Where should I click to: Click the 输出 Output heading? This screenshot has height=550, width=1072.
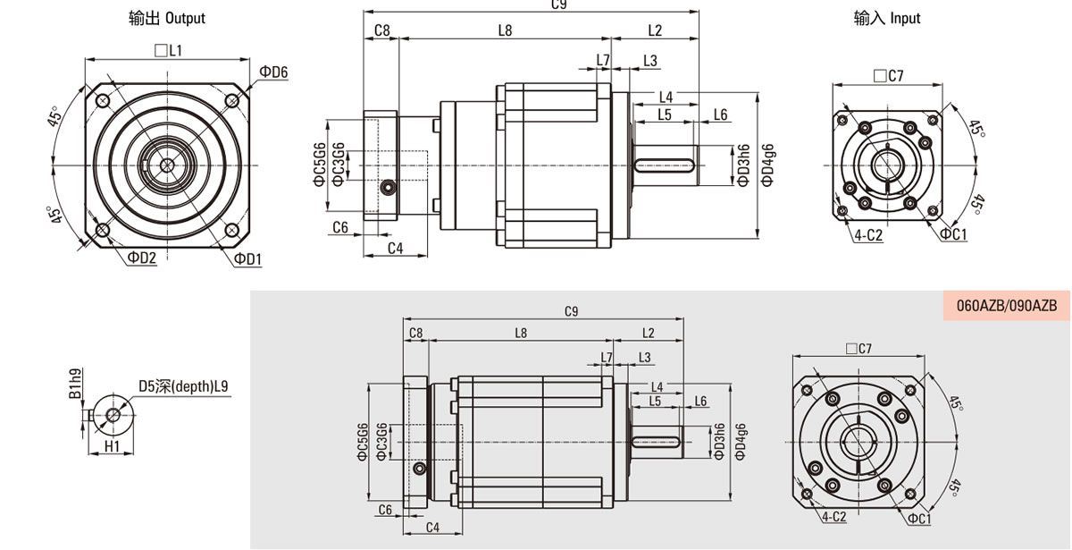[167, 18]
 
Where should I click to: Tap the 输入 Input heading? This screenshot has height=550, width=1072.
[887, 18]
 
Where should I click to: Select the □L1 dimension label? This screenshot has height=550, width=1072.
[169, 50]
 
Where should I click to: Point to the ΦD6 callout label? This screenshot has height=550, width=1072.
[273, 72]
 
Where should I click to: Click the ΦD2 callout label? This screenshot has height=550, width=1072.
[142, 258]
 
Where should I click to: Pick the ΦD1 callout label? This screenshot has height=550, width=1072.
[248, 259]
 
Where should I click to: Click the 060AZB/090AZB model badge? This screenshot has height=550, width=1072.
[1007, 306]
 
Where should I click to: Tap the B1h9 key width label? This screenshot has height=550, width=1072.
[76, 384]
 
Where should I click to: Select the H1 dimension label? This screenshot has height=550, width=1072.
[112, 446]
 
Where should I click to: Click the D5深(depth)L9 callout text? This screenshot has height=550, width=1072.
[183, 386]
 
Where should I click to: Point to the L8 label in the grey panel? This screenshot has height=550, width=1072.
[521, 333]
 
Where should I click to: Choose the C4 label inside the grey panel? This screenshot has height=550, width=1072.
[432, 528]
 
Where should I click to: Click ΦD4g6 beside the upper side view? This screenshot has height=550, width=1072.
[767, 165]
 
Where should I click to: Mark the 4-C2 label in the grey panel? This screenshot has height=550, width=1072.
[834, 517]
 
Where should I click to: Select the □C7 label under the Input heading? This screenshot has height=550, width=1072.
[889, 76]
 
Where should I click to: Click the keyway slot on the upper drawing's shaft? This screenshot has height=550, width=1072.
[665, 165]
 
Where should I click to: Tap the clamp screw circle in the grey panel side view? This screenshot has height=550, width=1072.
[420, 468]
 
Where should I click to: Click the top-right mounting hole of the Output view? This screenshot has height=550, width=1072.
[232, 100]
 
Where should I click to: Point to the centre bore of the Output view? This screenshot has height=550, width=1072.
[167, 165]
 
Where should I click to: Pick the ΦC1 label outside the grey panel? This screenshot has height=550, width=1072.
[953, 233]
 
